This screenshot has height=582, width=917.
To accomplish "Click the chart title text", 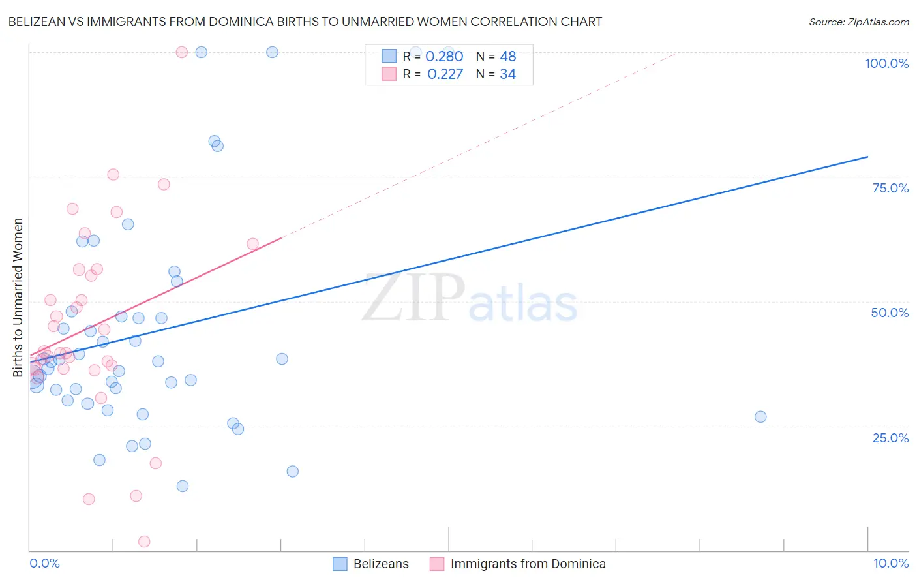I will (305, 22).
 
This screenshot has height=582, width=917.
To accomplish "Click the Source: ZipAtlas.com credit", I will (858, 22).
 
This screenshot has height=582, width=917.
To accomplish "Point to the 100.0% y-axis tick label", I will (886, 63).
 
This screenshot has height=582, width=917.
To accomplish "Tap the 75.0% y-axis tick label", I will (890, 188).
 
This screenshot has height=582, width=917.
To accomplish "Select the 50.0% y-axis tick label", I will (890, 313).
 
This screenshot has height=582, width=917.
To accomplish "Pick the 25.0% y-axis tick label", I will (890, 437).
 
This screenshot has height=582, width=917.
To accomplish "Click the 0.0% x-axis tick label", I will (44, 563).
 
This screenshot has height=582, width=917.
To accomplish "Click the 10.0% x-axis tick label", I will (890, 563).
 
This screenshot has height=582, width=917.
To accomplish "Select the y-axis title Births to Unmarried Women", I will (18, 298).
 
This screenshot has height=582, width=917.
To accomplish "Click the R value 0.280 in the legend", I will (444, 57).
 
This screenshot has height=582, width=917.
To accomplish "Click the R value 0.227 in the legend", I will (445, 74).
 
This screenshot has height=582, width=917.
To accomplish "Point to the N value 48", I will (508, 57).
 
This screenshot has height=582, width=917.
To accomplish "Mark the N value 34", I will (508, 74).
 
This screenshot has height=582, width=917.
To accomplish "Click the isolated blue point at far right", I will (760, 417).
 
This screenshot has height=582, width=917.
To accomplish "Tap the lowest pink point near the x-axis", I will (144, 542).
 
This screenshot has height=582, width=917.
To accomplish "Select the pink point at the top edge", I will (182, 52).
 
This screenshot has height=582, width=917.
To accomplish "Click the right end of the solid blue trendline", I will (867, 157).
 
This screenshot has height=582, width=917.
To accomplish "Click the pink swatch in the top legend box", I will (389, 74).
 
